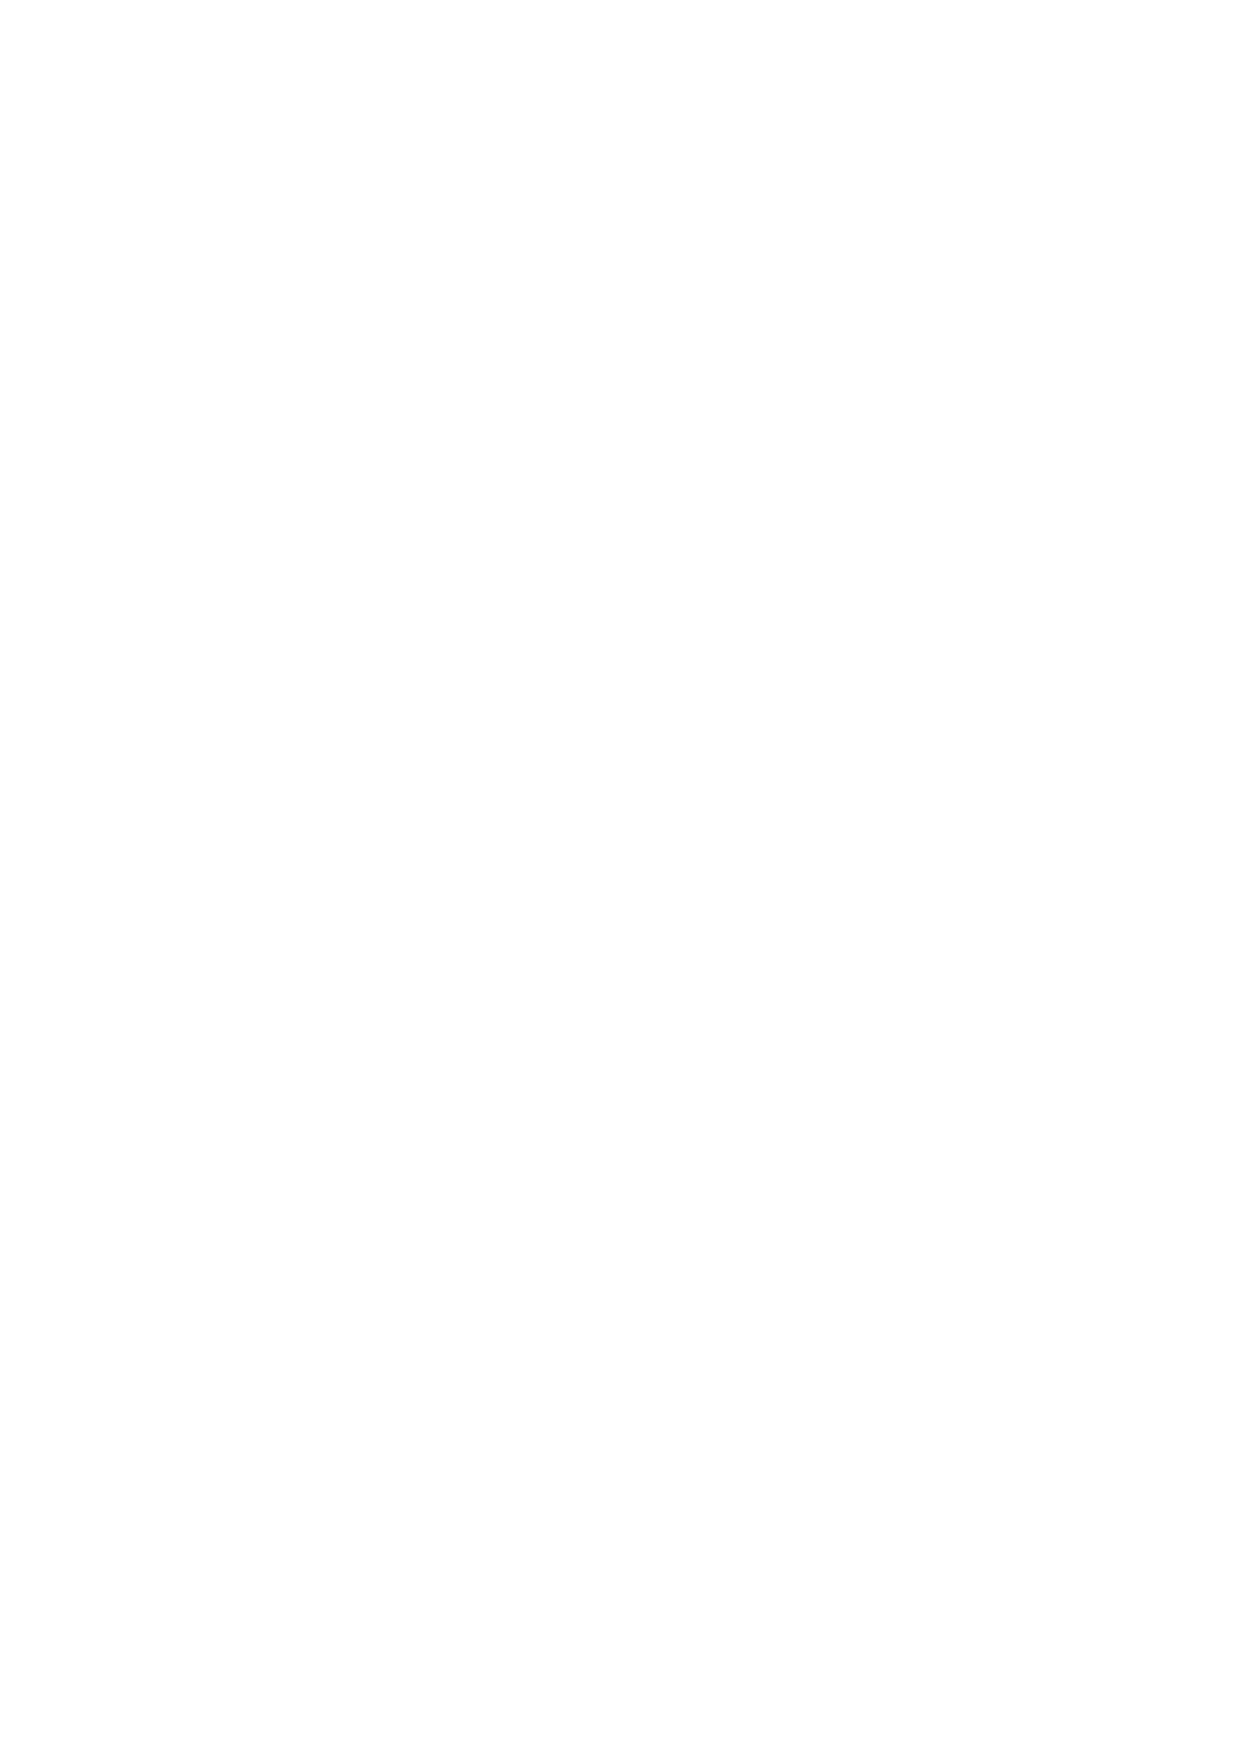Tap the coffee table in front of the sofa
coord(388,757)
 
